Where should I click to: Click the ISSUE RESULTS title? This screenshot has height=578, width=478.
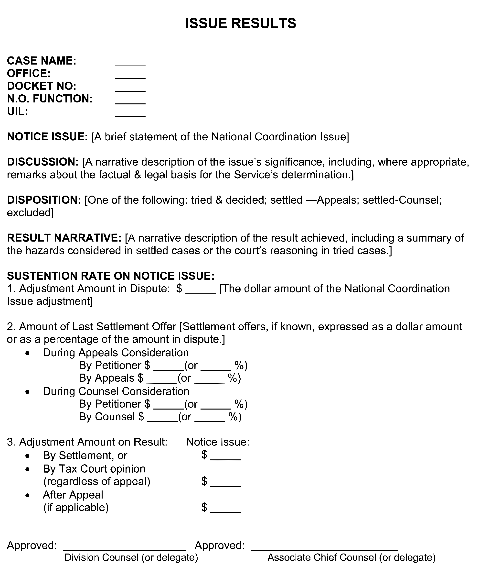[241, 23]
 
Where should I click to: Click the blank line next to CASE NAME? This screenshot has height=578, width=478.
[130, 64]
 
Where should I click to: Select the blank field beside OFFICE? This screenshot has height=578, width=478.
[130, 77]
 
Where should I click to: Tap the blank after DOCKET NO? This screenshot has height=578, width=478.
[130, 89]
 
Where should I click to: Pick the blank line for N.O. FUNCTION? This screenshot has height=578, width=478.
[130, 102]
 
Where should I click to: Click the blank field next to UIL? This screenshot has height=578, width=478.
[130, 114]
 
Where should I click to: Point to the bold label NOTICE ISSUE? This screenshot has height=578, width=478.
[47, 137]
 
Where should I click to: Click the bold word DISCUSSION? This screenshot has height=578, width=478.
[43, 162]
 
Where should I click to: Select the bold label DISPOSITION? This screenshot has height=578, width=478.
[44, 200]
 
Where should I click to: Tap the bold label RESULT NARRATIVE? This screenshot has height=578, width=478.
[64, 238]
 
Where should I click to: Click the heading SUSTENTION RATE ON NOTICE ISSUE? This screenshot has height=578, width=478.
[111, 276]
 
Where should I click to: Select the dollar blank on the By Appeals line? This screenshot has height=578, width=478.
[162, 381]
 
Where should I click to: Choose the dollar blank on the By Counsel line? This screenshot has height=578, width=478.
[162, 420]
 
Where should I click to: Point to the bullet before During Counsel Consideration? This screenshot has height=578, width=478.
[27, 392]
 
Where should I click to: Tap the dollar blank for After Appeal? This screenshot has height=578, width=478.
[225, 511]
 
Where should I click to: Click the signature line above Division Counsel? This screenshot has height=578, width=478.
[124, 549]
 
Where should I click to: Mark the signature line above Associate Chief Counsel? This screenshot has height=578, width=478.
[324, 549]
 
